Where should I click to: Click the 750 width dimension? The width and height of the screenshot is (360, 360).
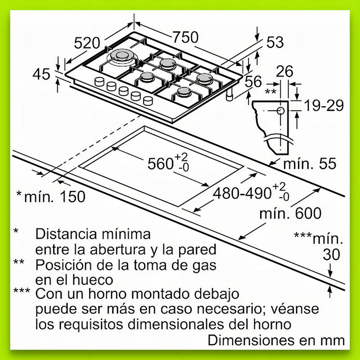[x=185, y=37]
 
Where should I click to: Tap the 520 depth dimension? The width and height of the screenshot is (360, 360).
[x=86, y=43]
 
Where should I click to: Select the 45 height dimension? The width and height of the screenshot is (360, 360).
[x=42, y=74]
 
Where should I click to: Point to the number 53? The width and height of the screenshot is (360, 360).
[x=274, y=42]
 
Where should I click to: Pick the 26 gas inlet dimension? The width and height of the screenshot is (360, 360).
[x=285, y=71]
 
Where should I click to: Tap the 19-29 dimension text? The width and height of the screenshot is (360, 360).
[x=323, y=106]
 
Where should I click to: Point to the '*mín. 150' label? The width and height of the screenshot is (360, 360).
[x=50, y=196]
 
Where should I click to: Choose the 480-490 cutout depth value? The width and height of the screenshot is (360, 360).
[x=241, y=193]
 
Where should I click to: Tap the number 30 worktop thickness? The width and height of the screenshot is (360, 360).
[x=332, y=255]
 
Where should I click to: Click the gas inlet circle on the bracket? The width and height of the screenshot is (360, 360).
[x=280, y=110]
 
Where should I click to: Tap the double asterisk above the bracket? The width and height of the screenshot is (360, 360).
[x=270, y=92]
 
